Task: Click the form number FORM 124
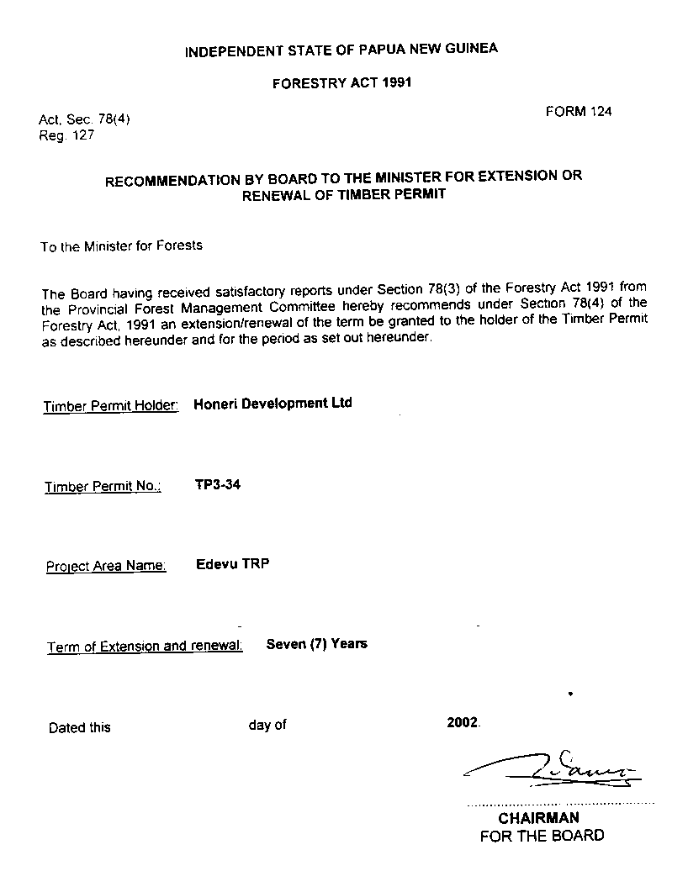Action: pos(578,111)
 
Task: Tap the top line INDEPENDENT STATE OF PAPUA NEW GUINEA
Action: pos(341,50)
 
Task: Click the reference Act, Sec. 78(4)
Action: pos(84,119)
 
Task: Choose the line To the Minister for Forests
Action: pos(121,246)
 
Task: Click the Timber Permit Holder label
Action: pos(111,407)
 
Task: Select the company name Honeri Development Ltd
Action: pos(273,404)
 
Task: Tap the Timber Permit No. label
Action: pos(103,487)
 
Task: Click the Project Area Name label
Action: pos(106,567)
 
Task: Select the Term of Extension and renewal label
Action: pos(145,647)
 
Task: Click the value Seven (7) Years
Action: pos(316,644)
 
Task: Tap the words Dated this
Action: pos(79,727)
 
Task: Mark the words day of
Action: pos(267,725)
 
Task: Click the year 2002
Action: pos(463,722)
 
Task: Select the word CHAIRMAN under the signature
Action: pos(538,818)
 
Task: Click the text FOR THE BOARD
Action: pos(542,836)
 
